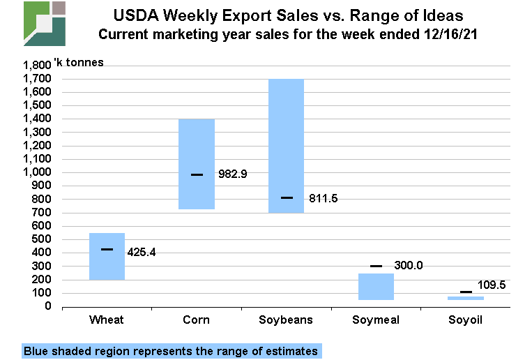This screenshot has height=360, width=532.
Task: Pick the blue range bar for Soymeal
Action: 376,287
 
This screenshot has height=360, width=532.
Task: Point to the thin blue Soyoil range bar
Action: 465,298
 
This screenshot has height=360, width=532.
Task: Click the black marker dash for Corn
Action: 197,174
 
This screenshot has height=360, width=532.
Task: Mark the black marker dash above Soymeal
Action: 376,266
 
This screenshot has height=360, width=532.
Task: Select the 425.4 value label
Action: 142,251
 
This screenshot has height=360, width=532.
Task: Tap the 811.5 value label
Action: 323,198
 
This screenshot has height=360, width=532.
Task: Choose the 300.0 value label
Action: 409,265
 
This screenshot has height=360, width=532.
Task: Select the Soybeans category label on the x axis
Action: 286,320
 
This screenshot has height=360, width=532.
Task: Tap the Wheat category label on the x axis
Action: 107,320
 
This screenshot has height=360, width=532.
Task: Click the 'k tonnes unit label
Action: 79,63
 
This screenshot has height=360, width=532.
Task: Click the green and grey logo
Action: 45,24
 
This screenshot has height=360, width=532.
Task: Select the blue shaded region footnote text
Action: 172,351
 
